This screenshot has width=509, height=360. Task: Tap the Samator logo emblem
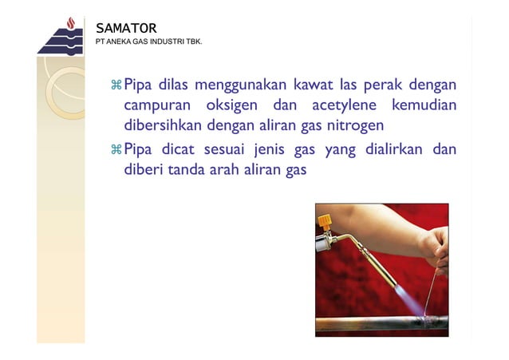60,37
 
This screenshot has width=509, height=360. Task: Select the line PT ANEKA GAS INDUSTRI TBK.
148,42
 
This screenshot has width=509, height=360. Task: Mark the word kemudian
424,105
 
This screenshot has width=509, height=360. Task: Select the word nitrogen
353,126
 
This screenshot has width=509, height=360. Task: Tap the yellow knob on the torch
325,220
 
